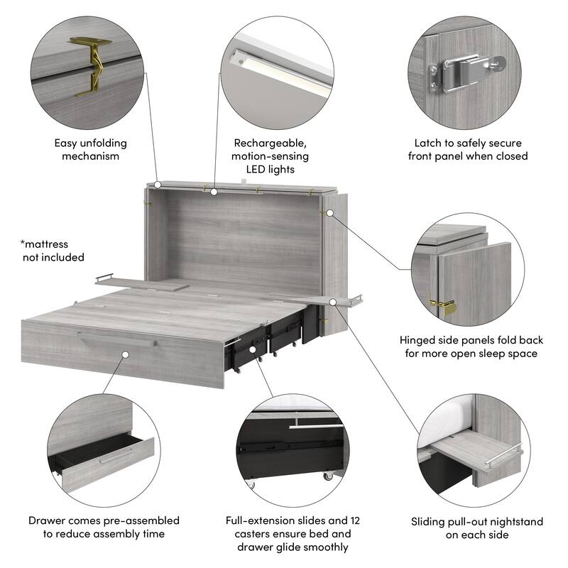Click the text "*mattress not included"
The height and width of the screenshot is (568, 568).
53,250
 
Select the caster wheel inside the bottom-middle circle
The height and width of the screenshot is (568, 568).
327,476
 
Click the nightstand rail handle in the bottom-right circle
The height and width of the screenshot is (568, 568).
506,458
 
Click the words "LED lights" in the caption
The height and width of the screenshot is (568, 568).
271,170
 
